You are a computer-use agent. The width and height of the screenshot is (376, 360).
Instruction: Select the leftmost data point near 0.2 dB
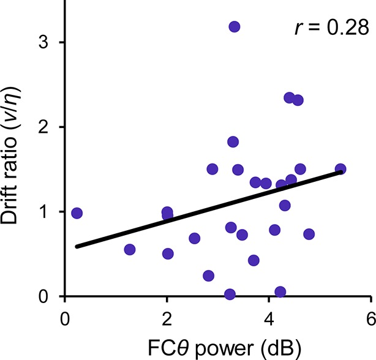coord(77,213)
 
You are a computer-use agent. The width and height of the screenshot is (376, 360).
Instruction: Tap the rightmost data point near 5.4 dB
coord(340,169)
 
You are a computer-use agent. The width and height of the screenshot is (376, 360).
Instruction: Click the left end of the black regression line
coord(77,246)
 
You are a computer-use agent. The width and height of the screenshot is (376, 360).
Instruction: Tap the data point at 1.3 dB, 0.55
coord(130,250)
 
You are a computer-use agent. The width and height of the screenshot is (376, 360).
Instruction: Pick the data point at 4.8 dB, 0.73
coord(309,234)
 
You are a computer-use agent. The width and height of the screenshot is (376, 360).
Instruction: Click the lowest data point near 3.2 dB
coord(230,294)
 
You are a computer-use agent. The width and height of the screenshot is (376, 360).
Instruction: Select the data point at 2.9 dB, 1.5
coord(212,169)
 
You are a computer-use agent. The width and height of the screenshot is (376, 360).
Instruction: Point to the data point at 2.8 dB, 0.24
coord(208,276)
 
